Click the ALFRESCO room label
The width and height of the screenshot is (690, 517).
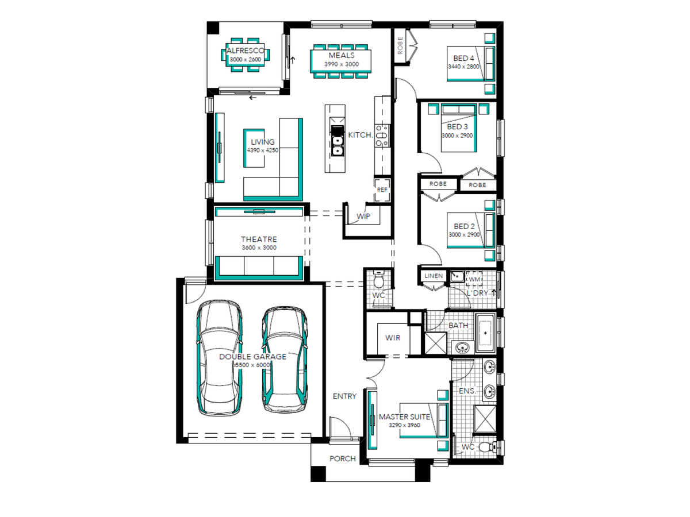pyautogui.click(x=246, y=51)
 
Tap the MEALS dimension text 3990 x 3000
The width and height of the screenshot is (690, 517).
pyautogui.click(x=342, y=64)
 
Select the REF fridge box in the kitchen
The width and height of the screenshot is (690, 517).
pyautogui.click(x=382, y=190)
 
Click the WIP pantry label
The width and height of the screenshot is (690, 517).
pyautogui.click(x=363, y=217)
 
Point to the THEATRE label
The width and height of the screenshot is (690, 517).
pyautogui.click(x=259, y=239)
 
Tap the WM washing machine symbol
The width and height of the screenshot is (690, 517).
pyautogui.click(x=474, y=279)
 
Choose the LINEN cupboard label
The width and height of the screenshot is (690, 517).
pyautogui.click(x=434, y=276)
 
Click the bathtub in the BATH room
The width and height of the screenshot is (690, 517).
pyautogui.click(x=485, y=333)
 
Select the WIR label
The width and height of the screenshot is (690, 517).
pyautogui.click(x=393, y=338)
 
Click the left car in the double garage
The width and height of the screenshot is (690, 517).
pyautogui.click(x=220, y=358)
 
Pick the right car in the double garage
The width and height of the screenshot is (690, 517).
pyautogui.click(x=285, y=360)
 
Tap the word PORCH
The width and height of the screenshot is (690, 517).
pyautogui.click(x=342, y=458)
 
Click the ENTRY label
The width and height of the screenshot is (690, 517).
pyautogui.click(x=344, y=396)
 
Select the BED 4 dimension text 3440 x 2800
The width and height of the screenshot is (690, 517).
pyautogui.click(x=463, y=67)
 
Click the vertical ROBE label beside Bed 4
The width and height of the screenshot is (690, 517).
pyautogui.click(x=400, y=45)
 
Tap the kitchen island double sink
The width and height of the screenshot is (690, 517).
pyautogui.click(x=337, y=146)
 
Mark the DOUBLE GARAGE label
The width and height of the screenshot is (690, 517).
pyautogui.click(x=253, y=357)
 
